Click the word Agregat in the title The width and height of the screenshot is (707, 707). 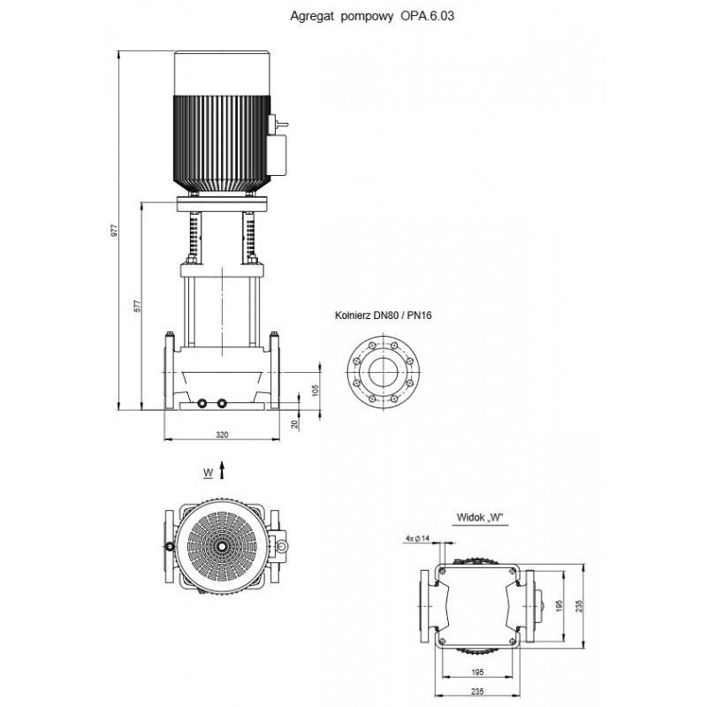pyautogui.click(x=308, y=15)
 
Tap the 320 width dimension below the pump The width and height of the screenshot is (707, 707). pyautogui.click(x=222, y=435)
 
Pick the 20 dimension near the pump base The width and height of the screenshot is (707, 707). pyautogui.click(x=296, y=423)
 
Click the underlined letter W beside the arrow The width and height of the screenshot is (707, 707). pyautogui.click(x=207, y=473)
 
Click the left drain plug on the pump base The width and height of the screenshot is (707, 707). pyautogui.click(x=203, y=404)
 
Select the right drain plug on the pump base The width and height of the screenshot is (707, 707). pyautogui.click(x=222, y=404)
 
